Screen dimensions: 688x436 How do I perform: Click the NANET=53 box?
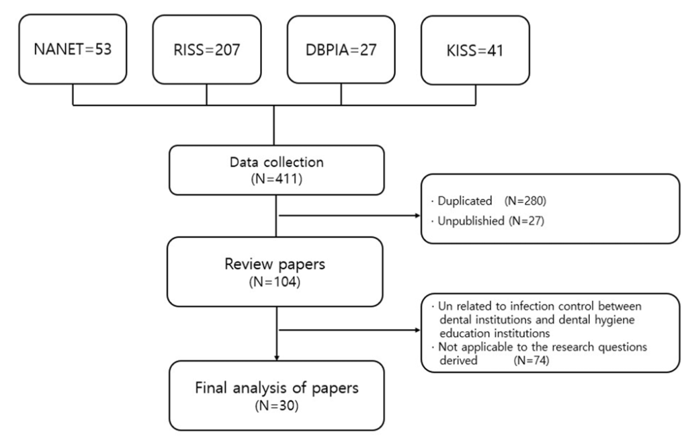(73, 48)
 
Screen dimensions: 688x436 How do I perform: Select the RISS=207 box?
(207, 49)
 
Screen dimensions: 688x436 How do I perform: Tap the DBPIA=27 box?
(341, 49)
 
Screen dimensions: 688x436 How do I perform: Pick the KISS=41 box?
(475, 50)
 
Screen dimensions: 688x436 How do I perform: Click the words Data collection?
(276, 162)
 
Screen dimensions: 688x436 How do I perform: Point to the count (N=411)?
(276, 179)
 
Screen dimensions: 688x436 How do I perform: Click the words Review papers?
(275, 264)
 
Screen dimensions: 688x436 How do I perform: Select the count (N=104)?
(275, 282)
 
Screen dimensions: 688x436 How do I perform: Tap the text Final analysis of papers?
(277, 388)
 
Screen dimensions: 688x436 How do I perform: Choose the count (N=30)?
(277, 406)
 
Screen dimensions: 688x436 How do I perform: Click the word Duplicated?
(465, 201)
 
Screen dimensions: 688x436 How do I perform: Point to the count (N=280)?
(525, 201)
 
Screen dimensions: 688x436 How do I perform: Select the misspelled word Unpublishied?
(471, 220)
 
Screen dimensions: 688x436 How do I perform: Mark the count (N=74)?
(531, 361)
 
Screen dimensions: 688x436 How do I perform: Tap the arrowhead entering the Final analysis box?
(276, 357)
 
